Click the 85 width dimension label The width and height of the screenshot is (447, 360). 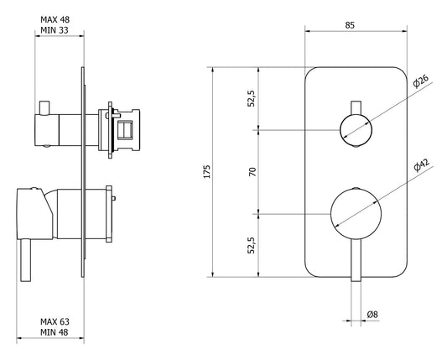click(x=350, y=25)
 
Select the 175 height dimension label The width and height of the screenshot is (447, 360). click(x=207, y=171)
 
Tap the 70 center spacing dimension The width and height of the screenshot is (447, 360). click(x=252, y=172)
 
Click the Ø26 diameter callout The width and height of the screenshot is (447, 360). click(x=421, y=81)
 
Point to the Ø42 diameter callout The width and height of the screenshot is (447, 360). click(x=421, y=165)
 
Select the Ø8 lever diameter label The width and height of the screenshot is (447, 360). click(x=372, y=315)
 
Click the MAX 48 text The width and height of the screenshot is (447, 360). click(x=55, y=19)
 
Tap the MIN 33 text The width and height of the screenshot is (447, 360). click(x=55, y=30)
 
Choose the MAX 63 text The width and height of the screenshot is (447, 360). click(x=55, y=321)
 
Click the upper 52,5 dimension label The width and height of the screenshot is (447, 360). click(x=251, y=98)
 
